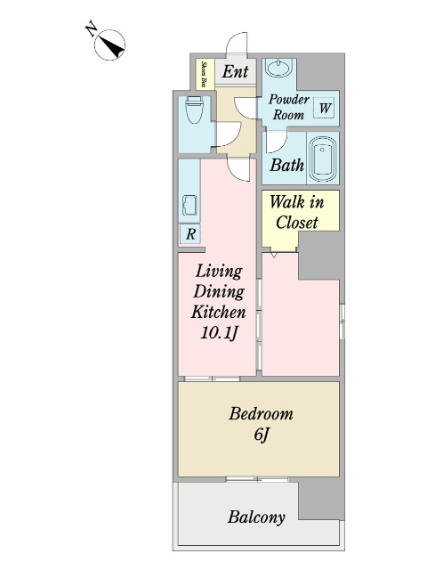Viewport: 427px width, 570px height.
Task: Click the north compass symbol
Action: pos(109,45)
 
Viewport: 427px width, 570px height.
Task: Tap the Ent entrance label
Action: pos(235,71)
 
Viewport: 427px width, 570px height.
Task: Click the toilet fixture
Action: pos(194,110)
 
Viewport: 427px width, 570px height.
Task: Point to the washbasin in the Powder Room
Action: pos(278,68)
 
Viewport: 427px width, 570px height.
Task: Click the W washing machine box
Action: pos(324,108)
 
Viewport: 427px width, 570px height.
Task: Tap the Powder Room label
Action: pos(288,107)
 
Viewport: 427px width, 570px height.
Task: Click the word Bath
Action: pos(286,166)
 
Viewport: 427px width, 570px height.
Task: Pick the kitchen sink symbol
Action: pos(189,206)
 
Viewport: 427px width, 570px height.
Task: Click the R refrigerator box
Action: pos(189,233)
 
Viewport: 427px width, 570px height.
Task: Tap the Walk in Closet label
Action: pos(296,212)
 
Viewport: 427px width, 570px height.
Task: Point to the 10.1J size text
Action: pos(219,333)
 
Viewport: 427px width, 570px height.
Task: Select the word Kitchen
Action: pos(219,313)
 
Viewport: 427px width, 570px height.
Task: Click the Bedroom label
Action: pos(261,414)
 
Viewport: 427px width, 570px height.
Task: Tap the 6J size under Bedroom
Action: pos(261,435)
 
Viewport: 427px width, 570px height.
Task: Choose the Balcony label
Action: pos(256,517)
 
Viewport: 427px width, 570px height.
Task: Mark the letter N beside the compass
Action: pos(91,29)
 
